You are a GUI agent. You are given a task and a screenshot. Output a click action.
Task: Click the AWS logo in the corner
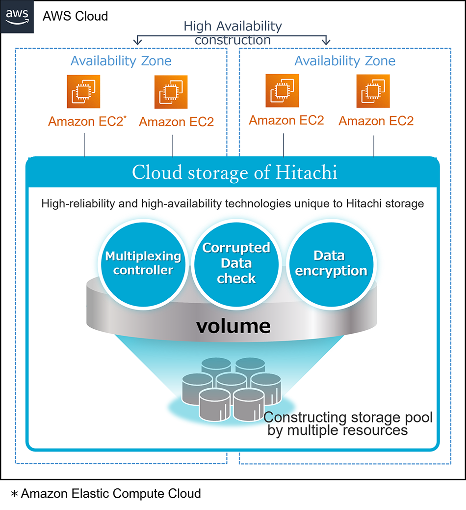17,16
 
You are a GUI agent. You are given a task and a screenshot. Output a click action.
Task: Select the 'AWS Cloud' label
75,16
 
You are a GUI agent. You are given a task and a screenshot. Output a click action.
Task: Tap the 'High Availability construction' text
233,32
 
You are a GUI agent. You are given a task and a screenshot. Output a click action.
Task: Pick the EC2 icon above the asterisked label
83,91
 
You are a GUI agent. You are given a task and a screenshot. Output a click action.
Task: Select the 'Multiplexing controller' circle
143,263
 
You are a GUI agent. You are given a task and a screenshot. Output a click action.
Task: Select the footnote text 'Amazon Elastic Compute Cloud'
111,493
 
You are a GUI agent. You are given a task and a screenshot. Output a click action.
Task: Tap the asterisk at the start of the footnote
14,494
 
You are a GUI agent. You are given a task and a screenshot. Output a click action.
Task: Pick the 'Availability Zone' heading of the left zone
121,61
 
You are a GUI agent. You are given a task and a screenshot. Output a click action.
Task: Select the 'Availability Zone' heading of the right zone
344,61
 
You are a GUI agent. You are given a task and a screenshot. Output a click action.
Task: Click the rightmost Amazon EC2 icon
373,91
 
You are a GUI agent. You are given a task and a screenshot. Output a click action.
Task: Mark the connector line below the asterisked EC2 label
84,145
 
